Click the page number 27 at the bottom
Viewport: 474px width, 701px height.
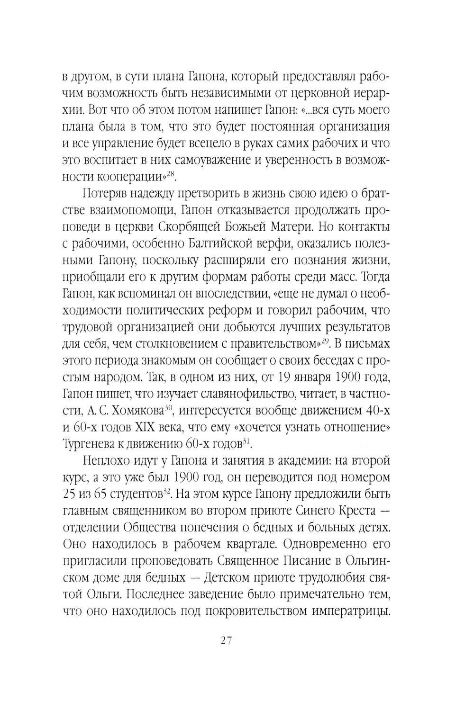point(225,641)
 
